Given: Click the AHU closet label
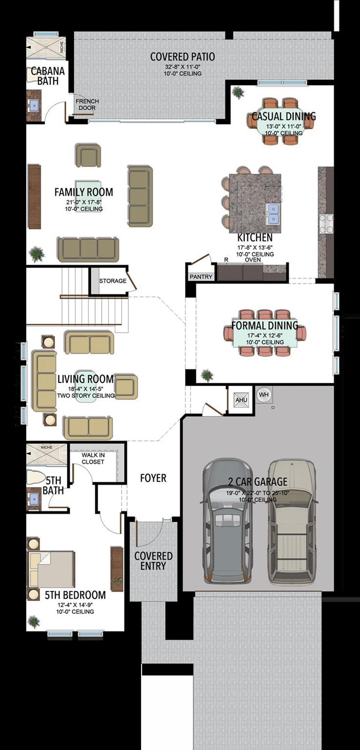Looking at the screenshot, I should point(241,400).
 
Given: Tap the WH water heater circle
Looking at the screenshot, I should point(264,395).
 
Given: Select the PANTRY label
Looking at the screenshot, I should point(201,277).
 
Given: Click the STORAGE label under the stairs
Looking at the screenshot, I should point(112,281).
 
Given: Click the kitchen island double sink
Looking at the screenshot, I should point(274,214).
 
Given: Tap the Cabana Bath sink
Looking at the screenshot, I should point(34,104).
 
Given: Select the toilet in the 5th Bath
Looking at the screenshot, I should point(36,477).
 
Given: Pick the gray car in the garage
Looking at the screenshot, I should point(228,521).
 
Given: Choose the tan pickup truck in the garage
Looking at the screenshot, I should point(292,521).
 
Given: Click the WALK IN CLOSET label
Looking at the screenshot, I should point(93,458).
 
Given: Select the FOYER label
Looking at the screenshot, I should point(153,478).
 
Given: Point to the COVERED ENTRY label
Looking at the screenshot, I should point(153,561).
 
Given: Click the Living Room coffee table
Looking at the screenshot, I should point(85,386).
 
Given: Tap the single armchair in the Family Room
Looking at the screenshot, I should point(88,156).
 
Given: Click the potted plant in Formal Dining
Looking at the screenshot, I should point(207,375).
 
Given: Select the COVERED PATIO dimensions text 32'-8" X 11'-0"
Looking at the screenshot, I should point(182,67).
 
